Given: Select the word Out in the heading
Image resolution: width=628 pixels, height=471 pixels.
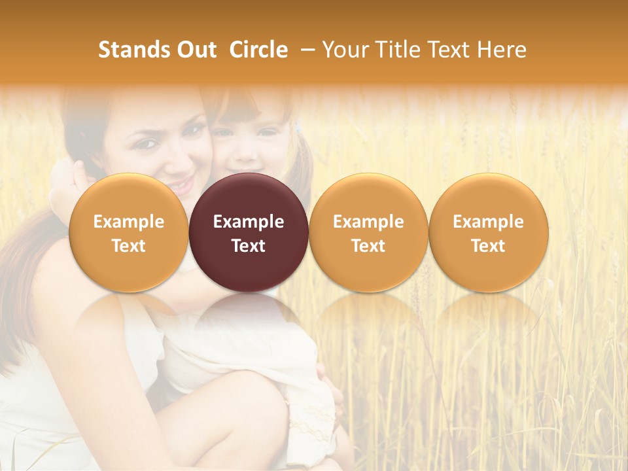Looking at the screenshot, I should pos(194,50).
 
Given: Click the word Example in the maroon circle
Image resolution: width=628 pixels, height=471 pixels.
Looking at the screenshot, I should pos(249,222).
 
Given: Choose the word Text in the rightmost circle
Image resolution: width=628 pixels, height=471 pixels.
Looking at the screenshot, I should pos(488,246).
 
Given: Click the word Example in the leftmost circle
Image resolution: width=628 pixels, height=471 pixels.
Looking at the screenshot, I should pos(128,222).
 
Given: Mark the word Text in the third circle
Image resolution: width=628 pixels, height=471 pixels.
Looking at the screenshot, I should pos(368,246).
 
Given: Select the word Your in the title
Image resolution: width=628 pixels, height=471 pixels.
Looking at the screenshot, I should pos(343,50).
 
